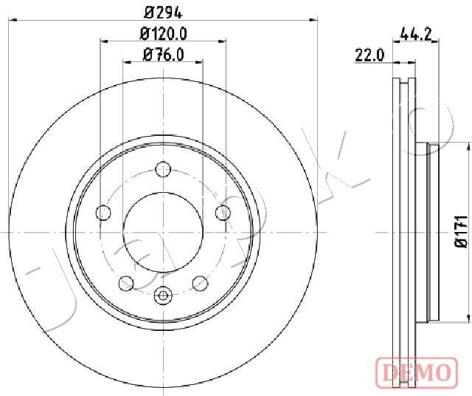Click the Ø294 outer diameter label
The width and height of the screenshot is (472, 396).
(163, 13)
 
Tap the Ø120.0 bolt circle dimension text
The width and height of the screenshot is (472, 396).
(164, 34)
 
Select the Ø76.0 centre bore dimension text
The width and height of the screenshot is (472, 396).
(164, 55)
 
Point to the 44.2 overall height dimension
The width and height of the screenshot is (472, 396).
(416, 34)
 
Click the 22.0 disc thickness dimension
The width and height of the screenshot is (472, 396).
(370, 56)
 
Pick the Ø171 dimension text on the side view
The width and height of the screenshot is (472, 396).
(460, 232)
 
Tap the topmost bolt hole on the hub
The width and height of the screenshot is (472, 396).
(164, 169)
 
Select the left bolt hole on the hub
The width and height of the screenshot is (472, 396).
(103, 213)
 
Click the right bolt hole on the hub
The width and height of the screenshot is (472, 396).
(223, 212)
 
